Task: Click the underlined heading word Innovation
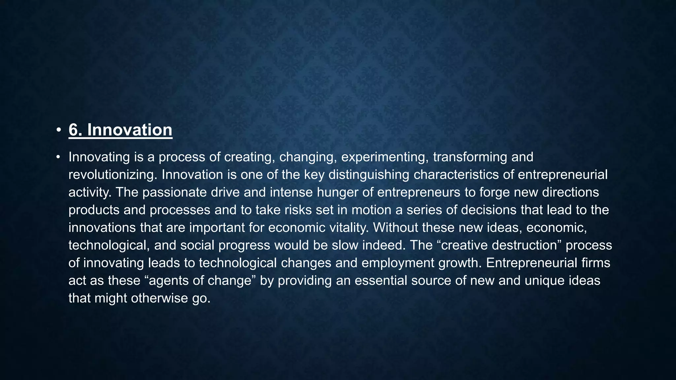(129, 130)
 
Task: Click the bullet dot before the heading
(58, 130)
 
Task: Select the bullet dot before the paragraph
(58, 157)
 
